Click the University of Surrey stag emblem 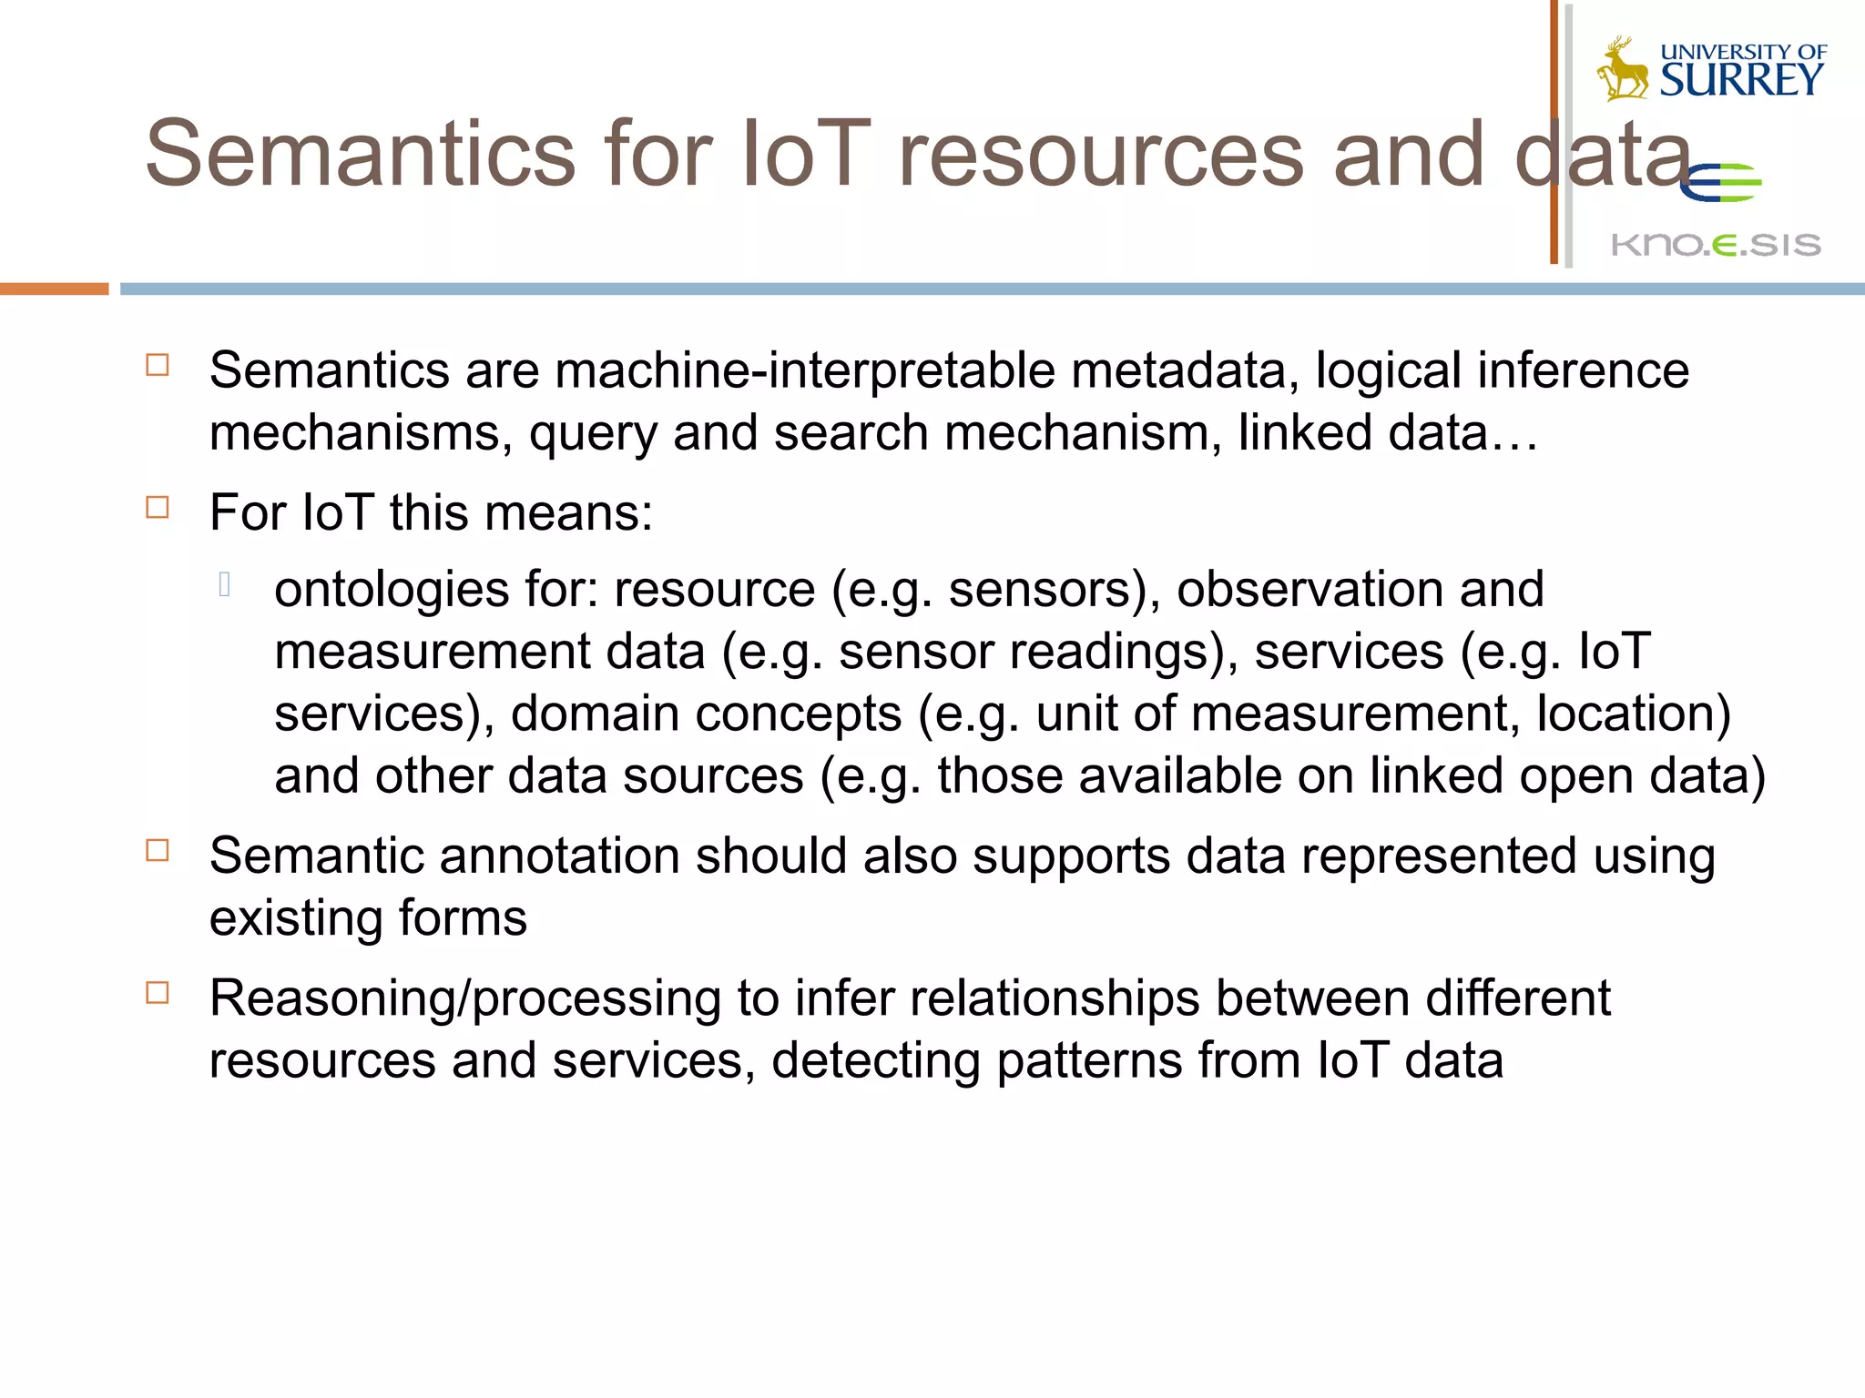point(1623,68)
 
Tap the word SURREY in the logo point(1741,81)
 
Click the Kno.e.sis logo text point(1716,244)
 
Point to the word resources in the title point(1101,154)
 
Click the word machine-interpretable point(805,371)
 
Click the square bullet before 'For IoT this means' point(158,507)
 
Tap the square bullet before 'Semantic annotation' point(158,851)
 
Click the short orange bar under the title point(54,289)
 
